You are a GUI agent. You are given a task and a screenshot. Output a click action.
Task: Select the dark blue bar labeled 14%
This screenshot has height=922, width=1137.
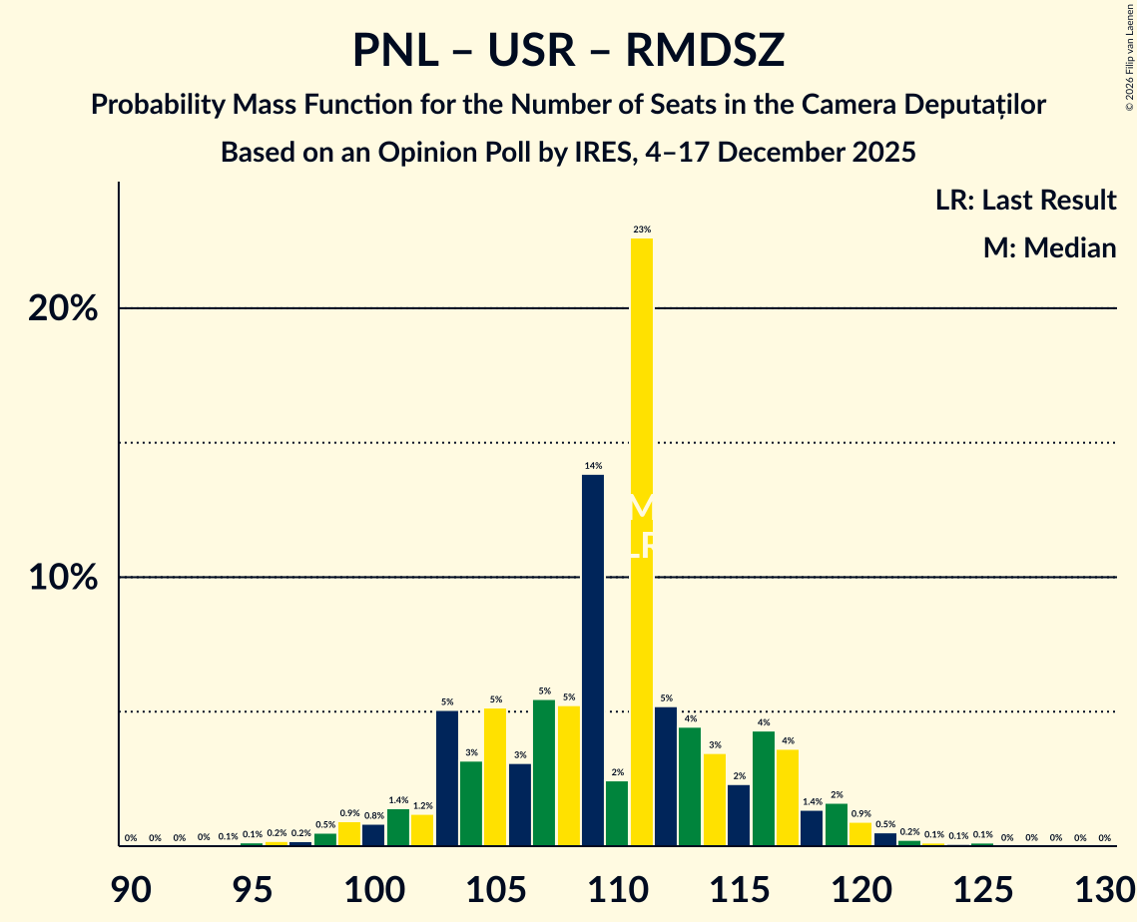click(593, 660)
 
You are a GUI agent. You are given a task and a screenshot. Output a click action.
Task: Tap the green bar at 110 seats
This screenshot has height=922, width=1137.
click(617, 813)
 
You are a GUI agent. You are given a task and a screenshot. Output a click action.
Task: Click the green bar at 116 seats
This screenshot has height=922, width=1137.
click(764, 788)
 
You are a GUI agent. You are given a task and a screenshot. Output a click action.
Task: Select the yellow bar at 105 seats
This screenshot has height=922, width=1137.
click(495, 776)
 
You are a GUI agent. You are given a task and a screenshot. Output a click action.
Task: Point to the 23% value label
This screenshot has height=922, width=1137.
click(641, 230)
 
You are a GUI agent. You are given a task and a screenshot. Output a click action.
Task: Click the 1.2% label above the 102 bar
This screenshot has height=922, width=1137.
click(422, 806)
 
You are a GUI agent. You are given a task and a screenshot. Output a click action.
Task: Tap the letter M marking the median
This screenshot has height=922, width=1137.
click(641, 507)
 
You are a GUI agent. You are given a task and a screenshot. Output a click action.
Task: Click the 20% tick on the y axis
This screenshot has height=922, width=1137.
click(63, 309)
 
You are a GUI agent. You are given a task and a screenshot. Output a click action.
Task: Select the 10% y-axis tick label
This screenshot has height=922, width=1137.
click(63, 578)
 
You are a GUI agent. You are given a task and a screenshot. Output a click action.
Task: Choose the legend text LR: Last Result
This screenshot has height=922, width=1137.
click(1025, 201)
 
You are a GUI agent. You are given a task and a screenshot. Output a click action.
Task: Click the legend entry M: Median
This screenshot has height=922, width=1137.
click(1048, 248)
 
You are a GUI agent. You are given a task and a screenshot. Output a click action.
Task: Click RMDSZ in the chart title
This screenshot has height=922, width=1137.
click(705, 51)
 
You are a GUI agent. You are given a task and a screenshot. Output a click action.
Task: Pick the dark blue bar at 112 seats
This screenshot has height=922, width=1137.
click(666, 776)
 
